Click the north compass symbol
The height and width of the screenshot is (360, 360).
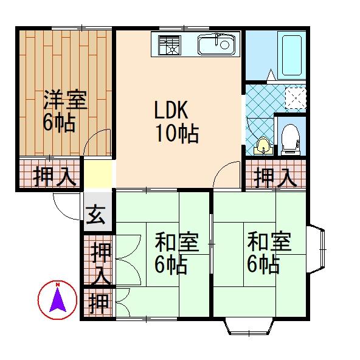[x=57, y=299]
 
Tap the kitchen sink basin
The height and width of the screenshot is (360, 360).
[x=216, y=44]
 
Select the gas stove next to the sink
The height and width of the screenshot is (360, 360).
[x=170, y=44]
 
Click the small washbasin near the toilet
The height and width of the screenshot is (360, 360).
[x=263, y=145]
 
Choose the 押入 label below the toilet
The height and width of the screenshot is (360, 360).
[x=275, y=177]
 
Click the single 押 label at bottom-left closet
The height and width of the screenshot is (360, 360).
[x=97, y=301]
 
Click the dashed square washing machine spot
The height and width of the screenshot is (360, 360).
[x=296, y=96]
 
